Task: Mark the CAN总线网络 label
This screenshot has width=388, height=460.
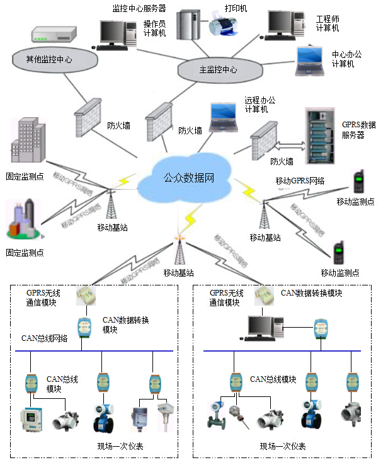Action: click(x=44, y=338)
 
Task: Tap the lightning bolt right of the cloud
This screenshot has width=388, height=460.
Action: click(x=246, y=189)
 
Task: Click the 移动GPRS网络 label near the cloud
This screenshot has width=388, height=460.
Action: click(x=300, y=181)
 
